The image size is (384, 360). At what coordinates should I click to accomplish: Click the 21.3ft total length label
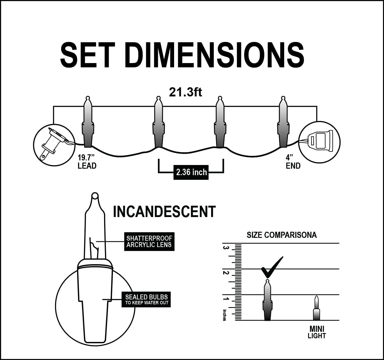185,92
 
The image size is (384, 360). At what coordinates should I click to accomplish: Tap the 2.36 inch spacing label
191,172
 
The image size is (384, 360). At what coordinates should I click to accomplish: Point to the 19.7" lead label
87,162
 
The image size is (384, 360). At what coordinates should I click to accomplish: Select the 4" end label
293,162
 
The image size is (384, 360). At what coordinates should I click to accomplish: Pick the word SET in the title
88,55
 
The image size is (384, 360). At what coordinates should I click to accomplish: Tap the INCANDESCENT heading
164,212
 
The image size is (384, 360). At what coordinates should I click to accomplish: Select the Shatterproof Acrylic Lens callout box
149,242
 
